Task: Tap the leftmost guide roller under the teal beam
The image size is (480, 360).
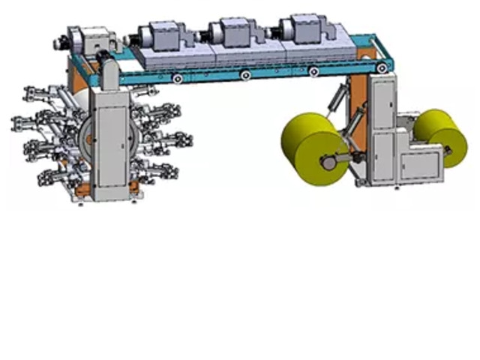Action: coord(177,79)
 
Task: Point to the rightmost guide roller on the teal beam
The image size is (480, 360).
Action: coord(382,68)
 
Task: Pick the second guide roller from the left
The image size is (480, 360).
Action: coord(245,75)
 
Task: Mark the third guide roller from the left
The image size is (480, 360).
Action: coord(313,71)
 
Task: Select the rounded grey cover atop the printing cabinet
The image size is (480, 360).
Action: coord(111,71)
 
